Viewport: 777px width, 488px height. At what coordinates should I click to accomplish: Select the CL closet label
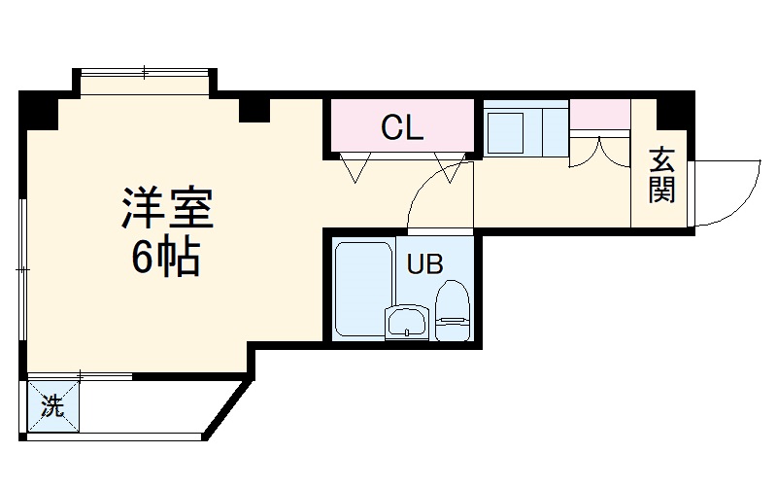pos(401,127)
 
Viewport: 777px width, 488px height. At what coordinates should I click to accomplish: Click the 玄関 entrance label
pos(661,176)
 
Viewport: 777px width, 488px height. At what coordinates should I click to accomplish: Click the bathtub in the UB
pos(362,289)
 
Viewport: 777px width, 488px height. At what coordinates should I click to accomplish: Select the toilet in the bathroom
pos(452,309)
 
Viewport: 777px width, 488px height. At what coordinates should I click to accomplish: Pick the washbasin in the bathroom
pos(406,323)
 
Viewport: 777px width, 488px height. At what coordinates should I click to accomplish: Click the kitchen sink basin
pos(506,132)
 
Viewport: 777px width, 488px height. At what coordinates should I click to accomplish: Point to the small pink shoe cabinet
pos(598,115)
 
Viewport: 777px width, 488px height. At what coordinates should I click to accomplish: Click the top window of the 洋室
pos(144,74)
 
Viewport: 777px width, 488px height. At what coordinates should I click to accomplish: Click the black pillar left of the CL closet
pos(253,108)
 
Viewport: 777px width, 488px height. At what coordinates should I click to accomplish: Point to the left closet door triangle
pos(354,167)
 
